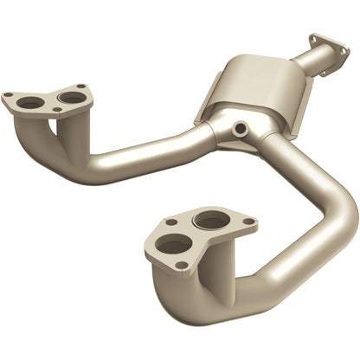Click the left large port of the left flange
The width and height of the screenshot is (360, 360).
pyautogui.click(x=32, y=102)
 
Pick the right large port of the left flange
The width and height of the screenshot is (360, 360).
pyautogui.click(x=73, y=97)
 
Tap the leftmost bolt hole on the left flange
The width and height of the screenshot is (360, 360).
pyautogui.click(x=9, y=96)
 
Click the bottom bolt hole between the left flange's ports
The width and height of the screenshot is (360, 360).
pyautogui.click(x=57, y=110)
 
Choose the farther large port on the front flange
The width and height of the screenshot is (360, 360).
pyautogui.click(x=210, y=221)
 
